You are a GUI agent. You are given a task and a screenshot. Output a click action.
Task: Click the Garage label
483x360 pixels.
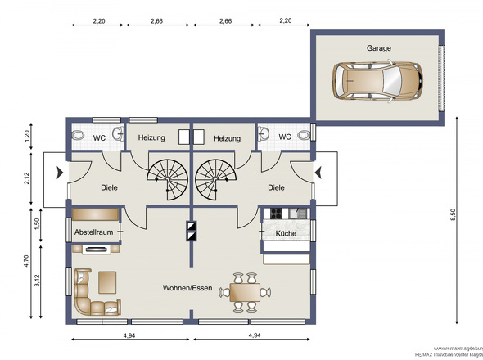pos(378,48)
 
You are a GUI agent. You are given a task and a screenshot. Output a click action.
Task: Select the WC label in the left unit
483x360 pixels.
pos(98,137)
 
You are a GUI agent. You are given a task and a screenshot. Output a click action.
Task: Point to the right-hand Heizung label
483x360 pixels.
pos(227,138)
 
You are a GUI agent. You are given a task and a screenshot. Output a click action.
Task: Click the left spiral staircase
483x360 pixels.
pos(169,175)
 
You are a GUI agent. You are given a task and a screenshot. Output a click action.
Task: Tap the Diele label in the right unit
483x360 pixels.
pos(276,187)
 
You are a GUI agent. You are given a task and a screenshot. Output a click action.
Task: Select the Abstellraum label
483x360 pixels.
pos(93,233)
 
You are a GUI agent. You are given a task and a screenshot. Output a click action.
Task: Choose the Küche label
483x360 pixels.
pos(286,233)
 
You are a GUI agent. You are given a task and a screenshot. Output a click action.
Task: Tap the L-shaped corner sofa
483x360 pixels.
pos(92,295)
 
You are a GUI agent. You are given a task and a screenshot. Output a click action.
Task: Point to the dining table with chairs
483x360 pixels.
pos(246,292)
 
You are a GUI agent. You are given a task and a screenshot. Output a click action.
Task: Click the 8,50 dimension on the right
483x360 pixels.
pos(454,214)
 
